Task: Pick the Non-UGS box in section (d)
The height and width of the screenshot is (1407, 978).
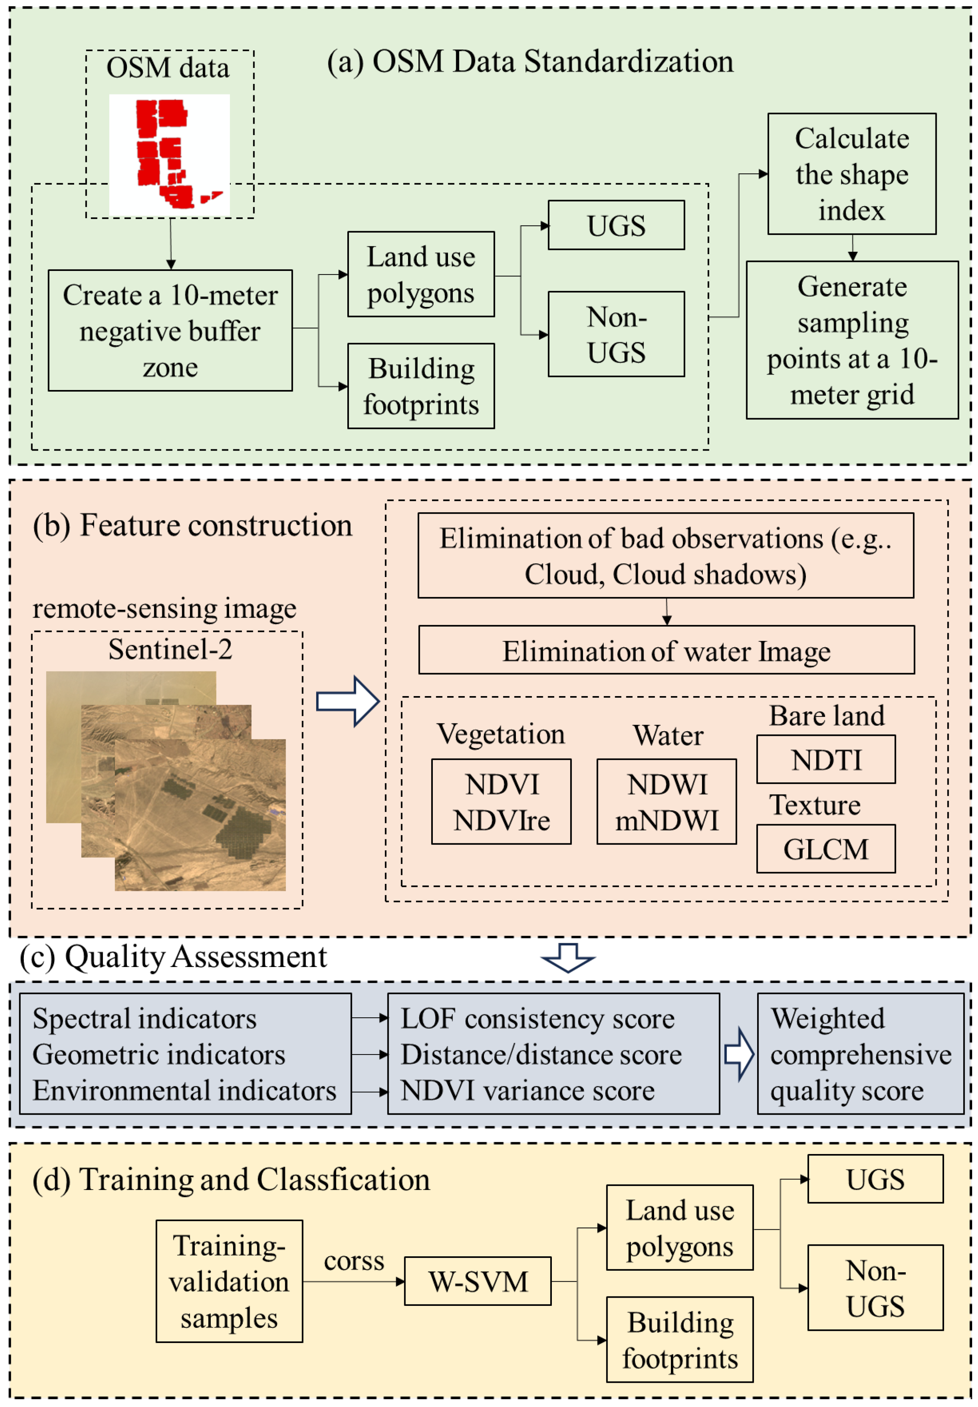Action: tap(875, 1288)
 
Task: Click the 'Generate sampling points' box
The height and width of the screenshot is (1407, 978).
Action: tap(852, 340)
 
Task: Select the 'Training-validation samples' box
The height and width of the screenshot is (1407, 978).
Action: tap(229, 1281)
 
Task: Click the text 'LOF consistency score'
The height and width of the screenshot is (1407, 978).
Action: tap(537, 1019)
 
